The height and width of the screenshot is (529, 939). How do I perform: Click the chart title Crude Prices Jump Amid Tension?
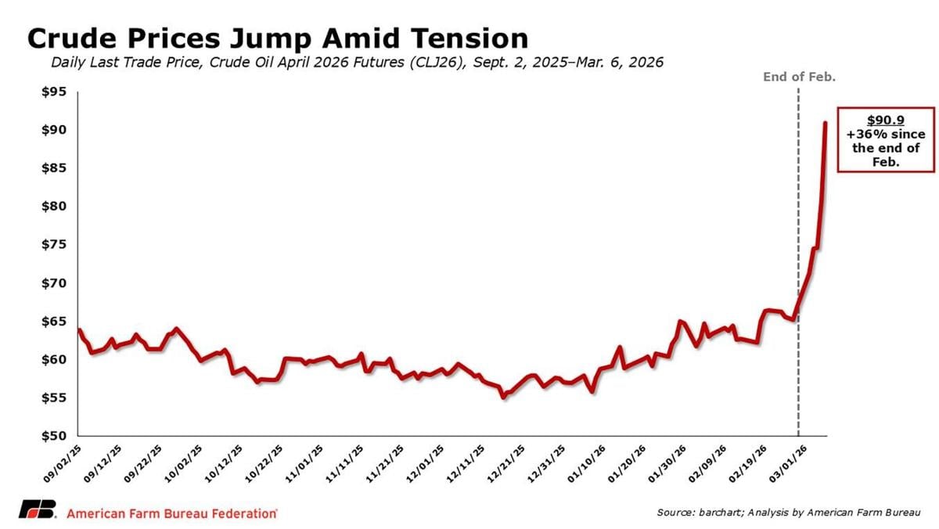coord(278,38)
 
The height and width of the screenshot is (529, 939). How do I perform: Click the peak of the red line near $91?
coord(826,123)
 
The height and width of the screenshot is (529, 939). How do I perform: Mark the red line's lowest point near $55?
coord(503,397)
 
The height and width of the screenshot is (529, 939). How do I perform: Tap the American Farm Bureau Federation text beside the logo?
coord(172,513)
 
